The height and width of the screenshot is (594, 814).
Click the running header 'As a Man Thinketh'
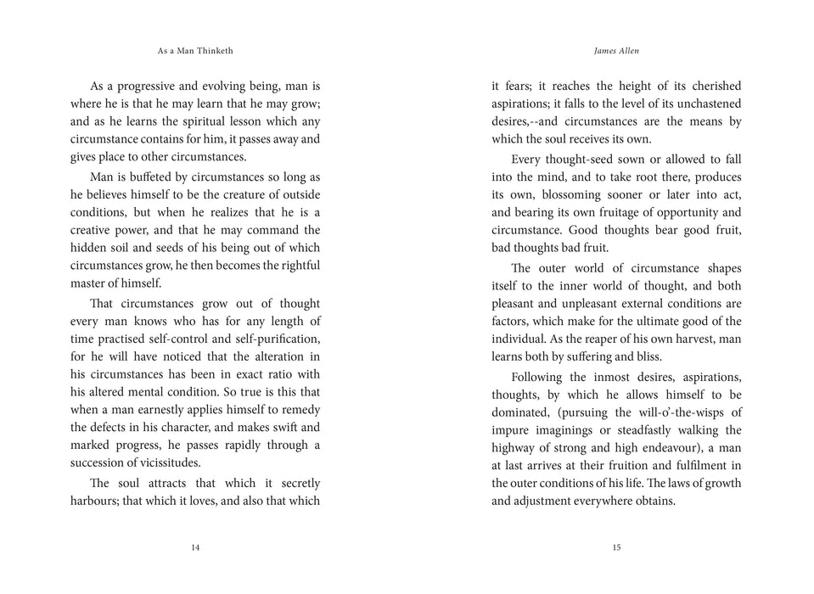(195, 51)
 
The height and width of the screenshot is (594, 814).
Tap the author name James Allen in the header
(616, 51)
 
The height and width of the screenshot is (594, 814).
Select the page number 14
(195, 547)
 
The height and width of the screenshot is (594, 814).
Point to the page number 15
(616, 547)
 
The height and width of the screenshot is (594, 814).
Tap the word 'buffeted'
(153, 177)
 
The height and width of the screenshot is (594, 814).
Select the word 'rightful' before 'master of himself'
(298, 266)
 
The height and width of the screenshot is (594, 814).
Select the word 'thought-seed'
(586, 160)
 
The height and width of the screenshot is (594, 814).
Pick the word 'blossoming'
(573, 195)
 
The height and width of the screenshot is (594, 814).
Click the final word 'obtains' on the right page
(654, 501)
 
